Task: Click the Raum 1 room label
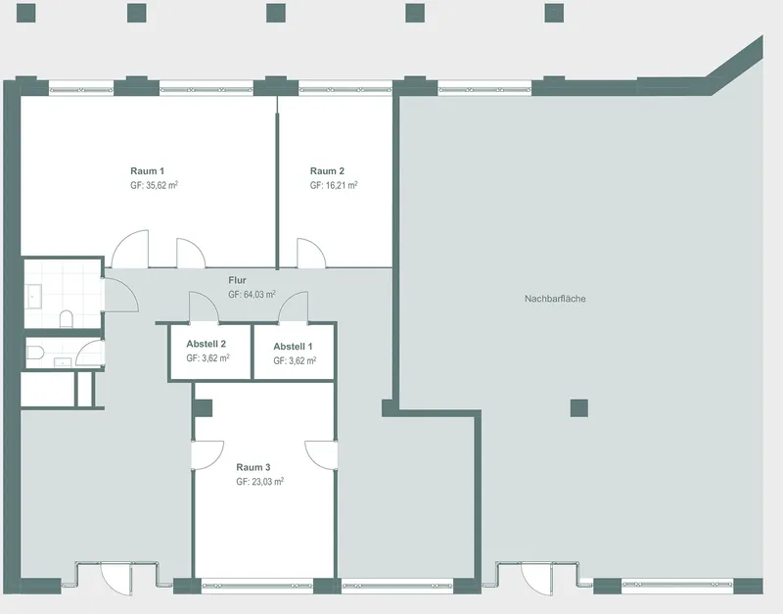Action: point(148,170)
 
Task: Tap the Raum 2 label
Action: point(327,170)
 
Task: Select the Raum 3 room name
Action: point(253,467)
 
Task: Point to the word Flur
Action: point(237,280)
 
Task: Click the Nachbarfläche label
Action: point(555,299)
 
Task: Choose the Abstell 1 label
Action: point(293,347)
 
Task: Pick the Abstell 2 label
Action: point(207,344)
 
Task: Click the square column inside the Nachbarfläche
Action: point(579,408)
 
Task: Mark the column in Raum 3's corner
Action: point(203,408)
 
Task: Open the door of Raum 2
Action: point(311,254)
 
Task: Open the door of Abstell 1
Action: point(293,307)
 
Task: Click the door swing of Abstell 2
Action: point(204,307)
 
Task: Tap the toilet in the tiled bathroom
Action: point(67,318)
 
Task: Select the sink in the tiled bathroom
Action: point(34,298)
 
